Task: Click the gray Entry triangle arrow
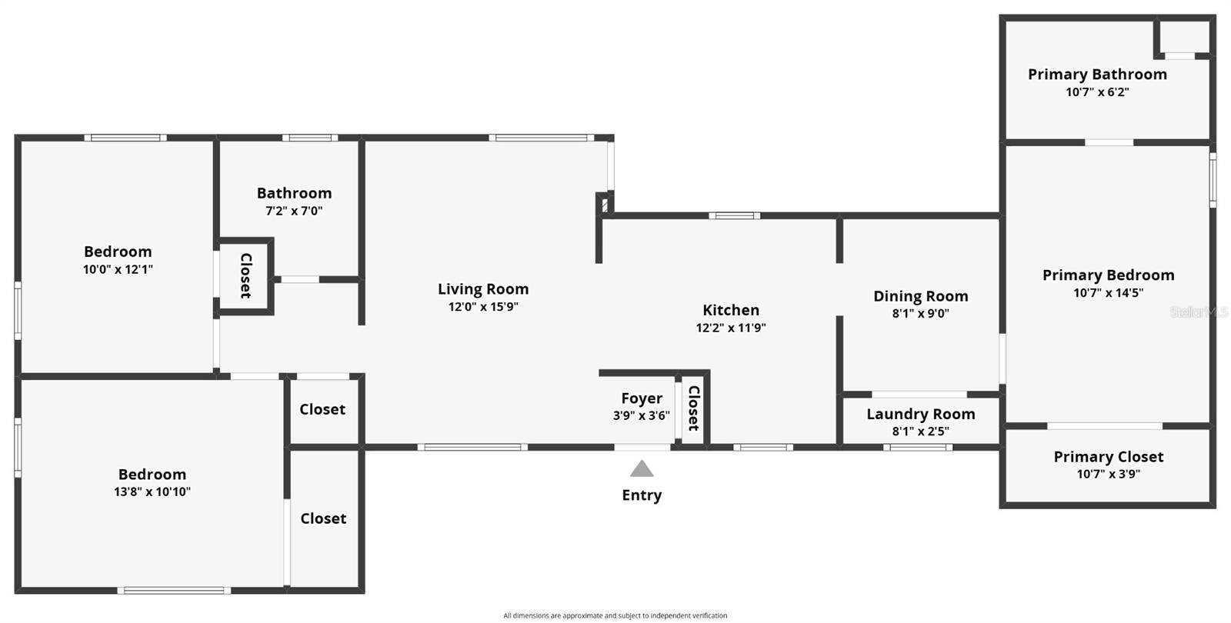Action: click(x=642, y=469)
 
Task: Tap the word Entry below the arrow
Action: click(x=642, y=495)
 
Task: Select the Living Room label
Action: click(x=483, y=289)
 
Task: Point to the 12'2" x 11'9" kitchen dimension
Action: click(x=731, y=328)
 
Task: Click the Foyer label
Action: click(x=642, y=398)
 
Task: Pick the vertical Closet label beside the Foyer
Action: click(x=693, y=408)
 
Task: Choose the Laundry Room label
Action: click(x=920, y=414)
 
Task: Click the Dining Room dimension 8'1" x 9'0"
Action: click(x=920, y=314)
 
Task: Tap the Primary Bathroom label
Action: click(x=1097, y=74)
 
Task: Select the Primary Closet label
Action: click(x=1108, y=457)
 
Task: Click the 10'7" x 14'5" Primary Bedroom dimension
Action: click(x=1108, y=293)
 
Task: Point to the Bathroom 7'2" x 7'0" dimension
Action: click(x=294, y=211)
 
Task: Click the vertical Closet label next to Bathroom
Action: click(x=246, y=275)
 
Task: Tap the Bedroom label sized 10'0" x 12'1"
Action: click(x=118, y=252)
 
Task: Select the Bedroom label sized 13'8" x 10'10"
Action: click(x=152, y=475)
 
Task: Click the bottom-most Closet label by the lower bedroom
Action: click(x=323, y=518)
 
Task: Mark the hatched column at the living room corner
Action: click(x=605, y=205)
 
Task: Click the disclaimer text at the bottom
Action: click(x=615, y=615)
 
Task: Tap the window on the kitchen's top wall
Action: click(x=734, y=216)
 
